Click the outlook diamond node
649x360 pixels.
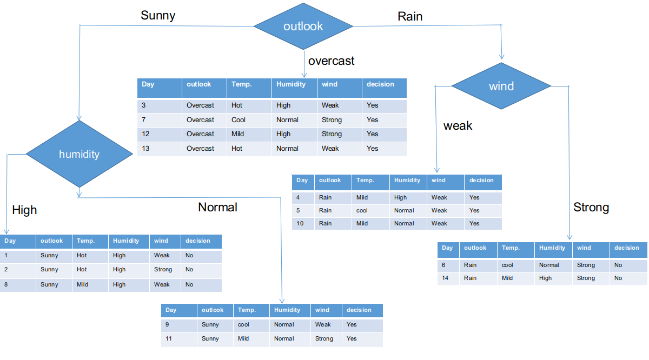point(303,26)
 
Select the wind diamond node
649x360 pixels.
point(501,86)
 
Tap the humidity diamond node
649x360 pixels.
point(79,154)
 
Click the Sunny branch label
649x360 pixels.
point(158,15)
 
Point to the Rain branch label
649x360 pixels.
point(410,16)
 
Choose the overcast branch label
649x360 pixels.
point(331,61)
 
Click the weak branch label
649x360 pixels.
point(458,126)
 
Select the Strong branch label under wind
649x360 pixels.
point(591,207)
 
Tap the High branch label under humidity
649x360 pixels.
point(24,210)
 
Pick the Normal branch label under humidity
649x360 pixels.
point(217,207)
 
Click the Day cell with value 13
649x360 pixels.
point(160,149)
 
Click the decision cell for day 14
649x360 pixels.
point(628,278)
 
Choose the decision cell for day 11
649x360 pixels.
point(362,338)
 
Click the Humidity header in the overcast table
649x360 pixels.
point(294,84)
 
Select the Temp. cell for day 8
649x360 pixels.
point(90,284)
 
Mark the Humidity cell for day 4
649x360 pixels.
point(408,197)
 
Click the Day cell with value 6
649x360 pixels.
point(448,265)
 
